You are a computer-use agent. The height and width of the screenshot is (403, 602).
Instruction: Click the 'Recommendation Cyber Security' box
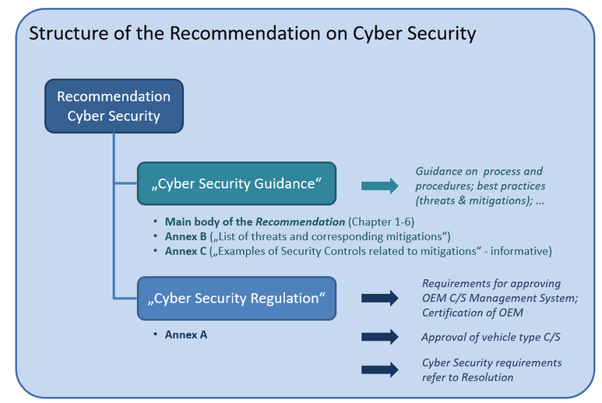(x=114, y=106)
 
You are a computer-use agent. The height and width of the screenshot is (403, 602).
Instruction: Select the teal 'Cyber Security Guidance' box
(x=237, y=184)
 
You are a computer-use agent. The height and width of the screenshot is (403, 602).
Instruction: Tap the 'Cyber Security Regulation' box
(x=237, y=298)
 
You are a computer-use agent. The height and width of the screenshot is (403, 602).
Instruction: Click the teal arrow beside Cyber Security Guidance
(x=379, y=186)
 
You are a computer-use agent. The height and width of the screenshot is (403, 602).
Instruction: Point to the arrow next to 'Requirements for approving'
(x=379, y=298)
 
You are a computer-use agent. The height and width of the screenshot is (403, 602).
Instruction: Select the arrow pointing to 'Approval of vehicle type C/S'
(x=379, y=337)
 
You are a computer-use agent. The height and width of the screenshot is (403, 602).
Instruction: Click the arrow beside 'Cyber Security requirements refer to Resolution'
(x=379, y=369)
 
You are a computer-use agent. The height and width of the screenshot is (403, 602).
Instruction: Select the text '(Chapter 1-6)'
(x=382, y=222)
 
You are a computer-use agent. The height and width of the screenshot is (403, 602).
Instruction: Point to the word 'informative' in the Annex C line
(x=523, y=251)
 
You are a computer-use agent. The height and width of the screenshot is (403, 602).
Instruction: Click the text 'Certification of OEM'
(x=473, y=313)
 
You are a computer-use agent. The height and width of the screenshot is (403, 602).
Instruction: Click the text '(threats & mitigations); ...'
(x=480, y=200)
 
